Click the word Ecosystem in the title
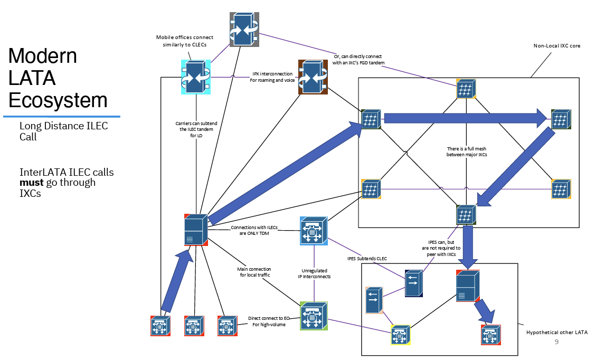(58, 100)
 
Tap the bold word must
(32, 182)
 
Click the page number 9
(556, 342)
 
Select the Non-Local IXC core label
(556, 46)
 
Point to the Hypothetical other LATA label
(556, 333)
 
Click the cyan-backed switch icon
(196, 77)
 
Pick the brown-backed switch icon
(313, 77)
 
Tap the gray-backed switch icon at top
(244, 30)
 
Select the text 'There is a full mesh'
(466, 149)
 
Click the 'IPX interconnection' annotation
(272, 73)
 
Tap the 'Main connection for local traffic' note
(254, 272)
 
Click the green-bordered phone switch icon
(314, 316)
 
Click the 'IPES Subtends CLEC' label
(367, 259)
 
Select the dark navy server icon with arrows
(414, 283)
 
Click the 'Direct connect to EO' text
(269, 318)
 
